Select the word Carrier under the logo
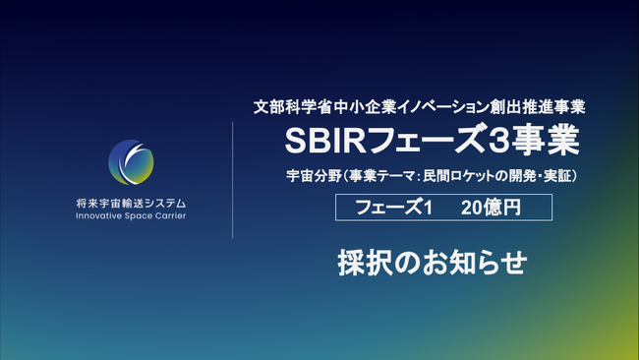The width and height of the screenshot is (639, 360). point(168,214)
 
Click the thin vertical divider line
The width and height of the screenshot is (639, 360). point(233,179)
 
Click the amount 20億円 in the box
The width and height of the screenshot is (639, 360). point(489,208)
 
